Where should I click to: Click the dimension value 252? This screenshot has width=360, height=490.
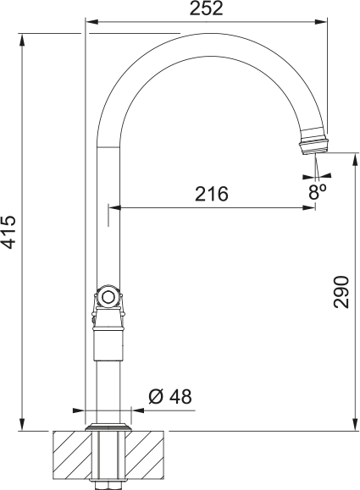207,8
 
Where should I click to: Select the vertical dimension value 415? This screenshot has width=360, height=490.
8,231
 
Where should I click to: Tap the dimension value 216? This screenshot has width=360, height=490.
212,194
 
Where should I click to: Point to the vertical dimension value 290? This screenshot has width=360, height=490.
341,292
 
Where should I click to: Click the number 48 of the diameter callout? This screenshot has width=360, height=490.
180,396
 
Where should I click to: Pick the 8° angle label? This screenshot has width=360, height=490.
317,191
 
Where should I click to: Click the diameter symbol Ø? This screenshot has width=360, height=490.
156,396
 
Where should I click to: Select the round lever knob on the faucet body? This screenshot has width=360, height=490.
108,296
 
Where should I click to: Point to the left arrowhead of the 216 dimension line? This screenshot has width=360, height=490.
113,207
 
